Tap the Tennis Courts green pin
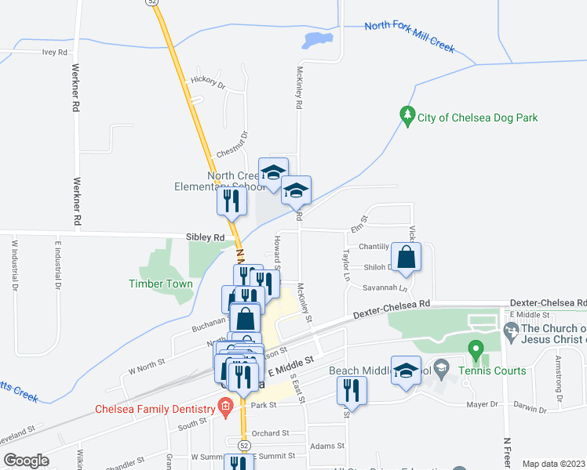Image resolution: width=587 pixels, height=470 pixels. click(474, 348)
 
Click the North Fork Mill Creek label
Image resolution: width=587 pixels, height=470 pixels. click(410, 37)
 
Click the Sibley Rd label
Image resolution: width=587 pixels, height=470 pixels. click(206, 237)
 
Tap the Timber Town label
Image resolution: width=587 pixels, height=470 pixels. click(161, 284)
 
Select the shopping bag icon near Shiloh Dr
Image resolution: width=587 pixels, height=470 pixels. click(406, 259)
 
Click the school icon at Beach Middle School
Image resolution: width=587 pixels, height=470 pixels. click(407, 373)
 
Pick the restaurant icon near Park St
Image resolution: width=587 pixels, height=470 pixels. click(351, 390)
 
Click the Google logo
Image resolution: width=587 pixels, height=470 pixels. click(26, 460)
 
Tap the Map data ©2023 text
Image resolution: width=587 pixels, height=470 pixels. click(553, 464)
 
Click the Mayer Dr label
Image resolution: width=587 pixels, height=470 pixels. click(483, 404)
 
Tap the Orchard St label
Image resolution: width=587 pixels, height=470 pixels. click(271, 432)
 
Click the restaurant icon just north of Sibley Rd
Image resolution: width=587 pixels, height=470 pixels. click(232, 201)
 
